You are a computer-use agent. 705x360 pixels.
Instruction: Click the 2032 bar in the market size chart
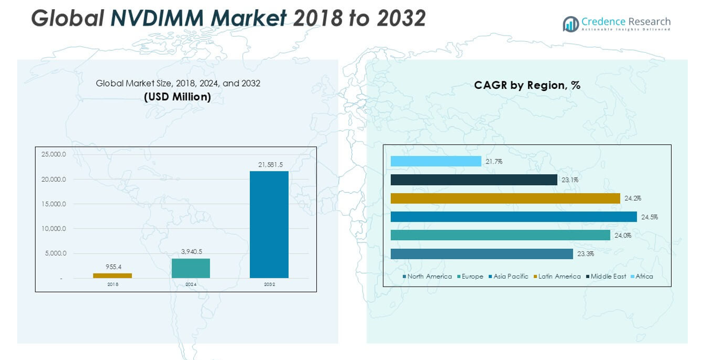(x=269, y=224)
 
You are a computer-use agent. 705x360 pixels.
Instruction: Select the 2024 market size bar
(x=191, y=268)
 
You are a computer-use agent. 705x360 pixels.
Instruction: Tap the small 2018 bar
(x=112, y=276)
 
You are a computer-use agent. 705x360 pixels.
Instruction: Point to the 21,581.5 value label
(x=271, y=165)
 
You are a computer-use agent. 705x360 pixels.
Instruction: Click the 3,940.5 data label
(x=191, y=252)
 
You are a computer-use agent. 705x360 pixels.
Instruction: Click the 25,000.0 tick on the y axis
(x=54, y=155)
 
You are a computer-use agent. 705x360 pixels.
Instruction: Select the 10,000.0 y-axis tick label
(x=54, y=229)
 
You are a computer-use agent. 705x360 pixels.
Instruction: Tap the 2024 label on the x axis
(x=191, y=284)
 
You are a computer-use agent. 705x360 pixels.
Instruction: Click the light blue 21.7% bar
(x=436, y=162)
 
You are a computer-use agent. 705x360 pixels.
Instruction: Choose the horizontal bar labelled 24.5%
(x=514, y=217)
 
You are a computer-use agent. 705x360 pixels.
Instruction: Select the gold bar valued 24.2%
(x=505, y=198)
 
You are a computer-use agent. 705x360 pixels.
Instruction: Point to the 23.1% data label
(x=570, y=180)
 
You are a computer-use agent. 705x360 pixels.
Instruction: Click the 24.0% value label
(x=622, y=235)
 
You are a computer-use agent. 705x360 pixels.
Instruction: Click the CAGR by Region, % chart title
(x=527, y=85)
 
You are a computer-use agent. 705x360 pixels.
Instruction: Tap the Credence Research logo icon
(x=571, y=24)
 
